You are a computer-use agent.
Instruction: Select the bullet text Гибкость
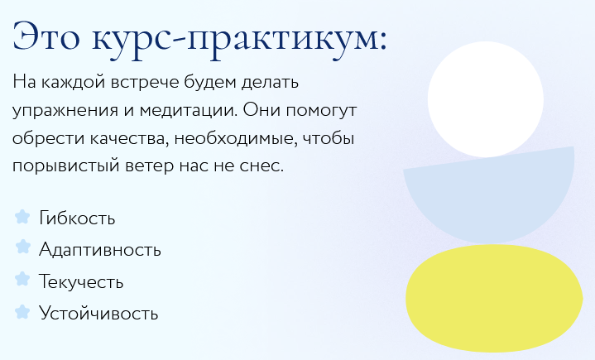pos(77,218)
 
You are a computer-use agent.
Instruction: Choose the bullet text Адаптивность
pos(100,250)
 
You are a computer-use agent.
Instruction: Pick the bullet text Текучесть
pos(81,282)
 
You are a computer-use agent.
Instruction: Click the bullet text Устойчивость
pos(98,314)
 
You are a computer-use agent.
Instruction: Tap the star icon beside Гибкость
pos(22,218)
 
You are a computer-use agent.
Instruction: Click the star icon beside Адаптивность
pos(22,248)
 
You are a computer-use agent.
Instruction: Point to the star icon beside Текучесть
pos(22,281)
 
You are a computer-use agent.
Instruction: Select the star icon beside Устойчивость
pos(22,312)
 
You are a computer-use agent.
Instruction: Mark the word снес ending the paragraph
pos(264,166)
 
